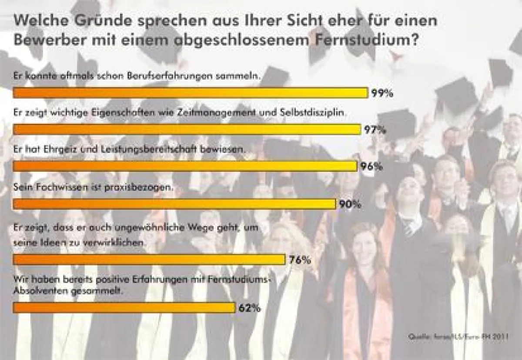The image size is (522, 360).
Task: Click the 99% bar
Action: click(191, 93)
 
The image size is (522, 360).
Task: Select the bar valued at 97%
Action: click(187, 129)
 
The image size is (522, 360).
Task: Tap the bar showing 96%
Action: click(185, 166)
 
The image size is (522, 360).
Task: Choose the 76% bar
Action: click(149, 260)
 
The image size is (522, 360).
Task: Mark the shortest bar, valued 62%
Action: click(124, 307)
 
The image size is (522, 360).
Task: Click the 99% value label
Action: click(382, 93)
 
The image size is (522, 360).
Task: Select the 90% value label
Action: click(351, 204)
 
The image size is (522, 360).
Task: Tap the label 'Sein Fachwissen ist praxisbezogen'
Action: click(94, 188)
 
